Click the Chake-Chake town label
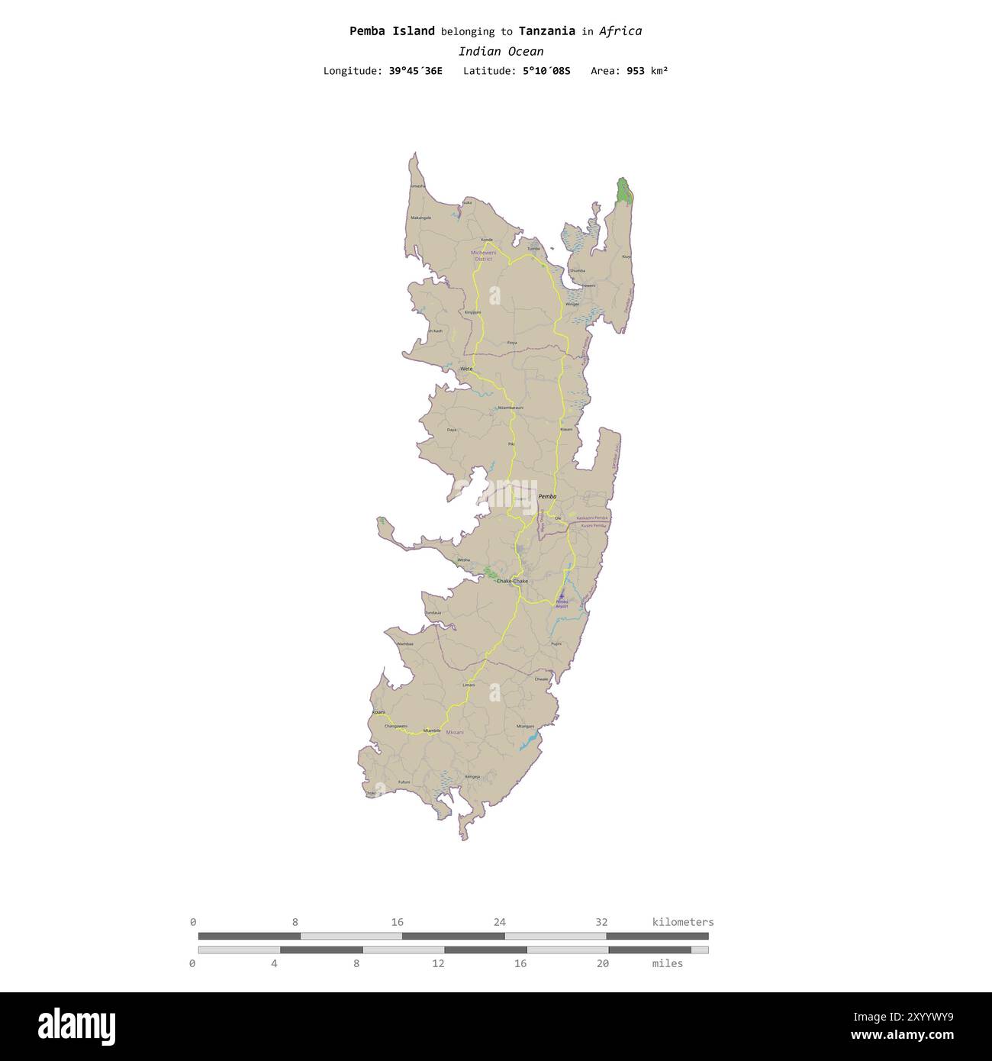(512, 582)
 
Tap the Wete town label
(466, 369)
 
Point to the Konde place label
(486, 240)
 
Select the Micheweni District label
(483, 255)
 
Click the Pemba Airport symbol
(562, 596)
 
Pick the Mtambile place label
(432, 730)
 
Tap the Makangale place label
(421, 218)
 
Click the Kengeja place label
(473, 776)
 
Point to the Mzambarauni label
(510, 408)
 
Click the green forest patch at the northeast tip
(625, 190)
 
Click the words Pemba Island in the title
(392, 31)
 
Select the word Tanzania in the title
(546, 31)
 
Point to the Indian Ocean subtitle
(501, 52)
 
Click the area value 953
(636, 71)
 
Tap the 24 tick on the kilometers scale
(500, 922)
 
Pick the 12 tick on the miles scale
(438, 963)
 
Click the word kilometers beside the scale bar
(683, 922)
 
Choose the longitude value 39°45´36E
(415, 71)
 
